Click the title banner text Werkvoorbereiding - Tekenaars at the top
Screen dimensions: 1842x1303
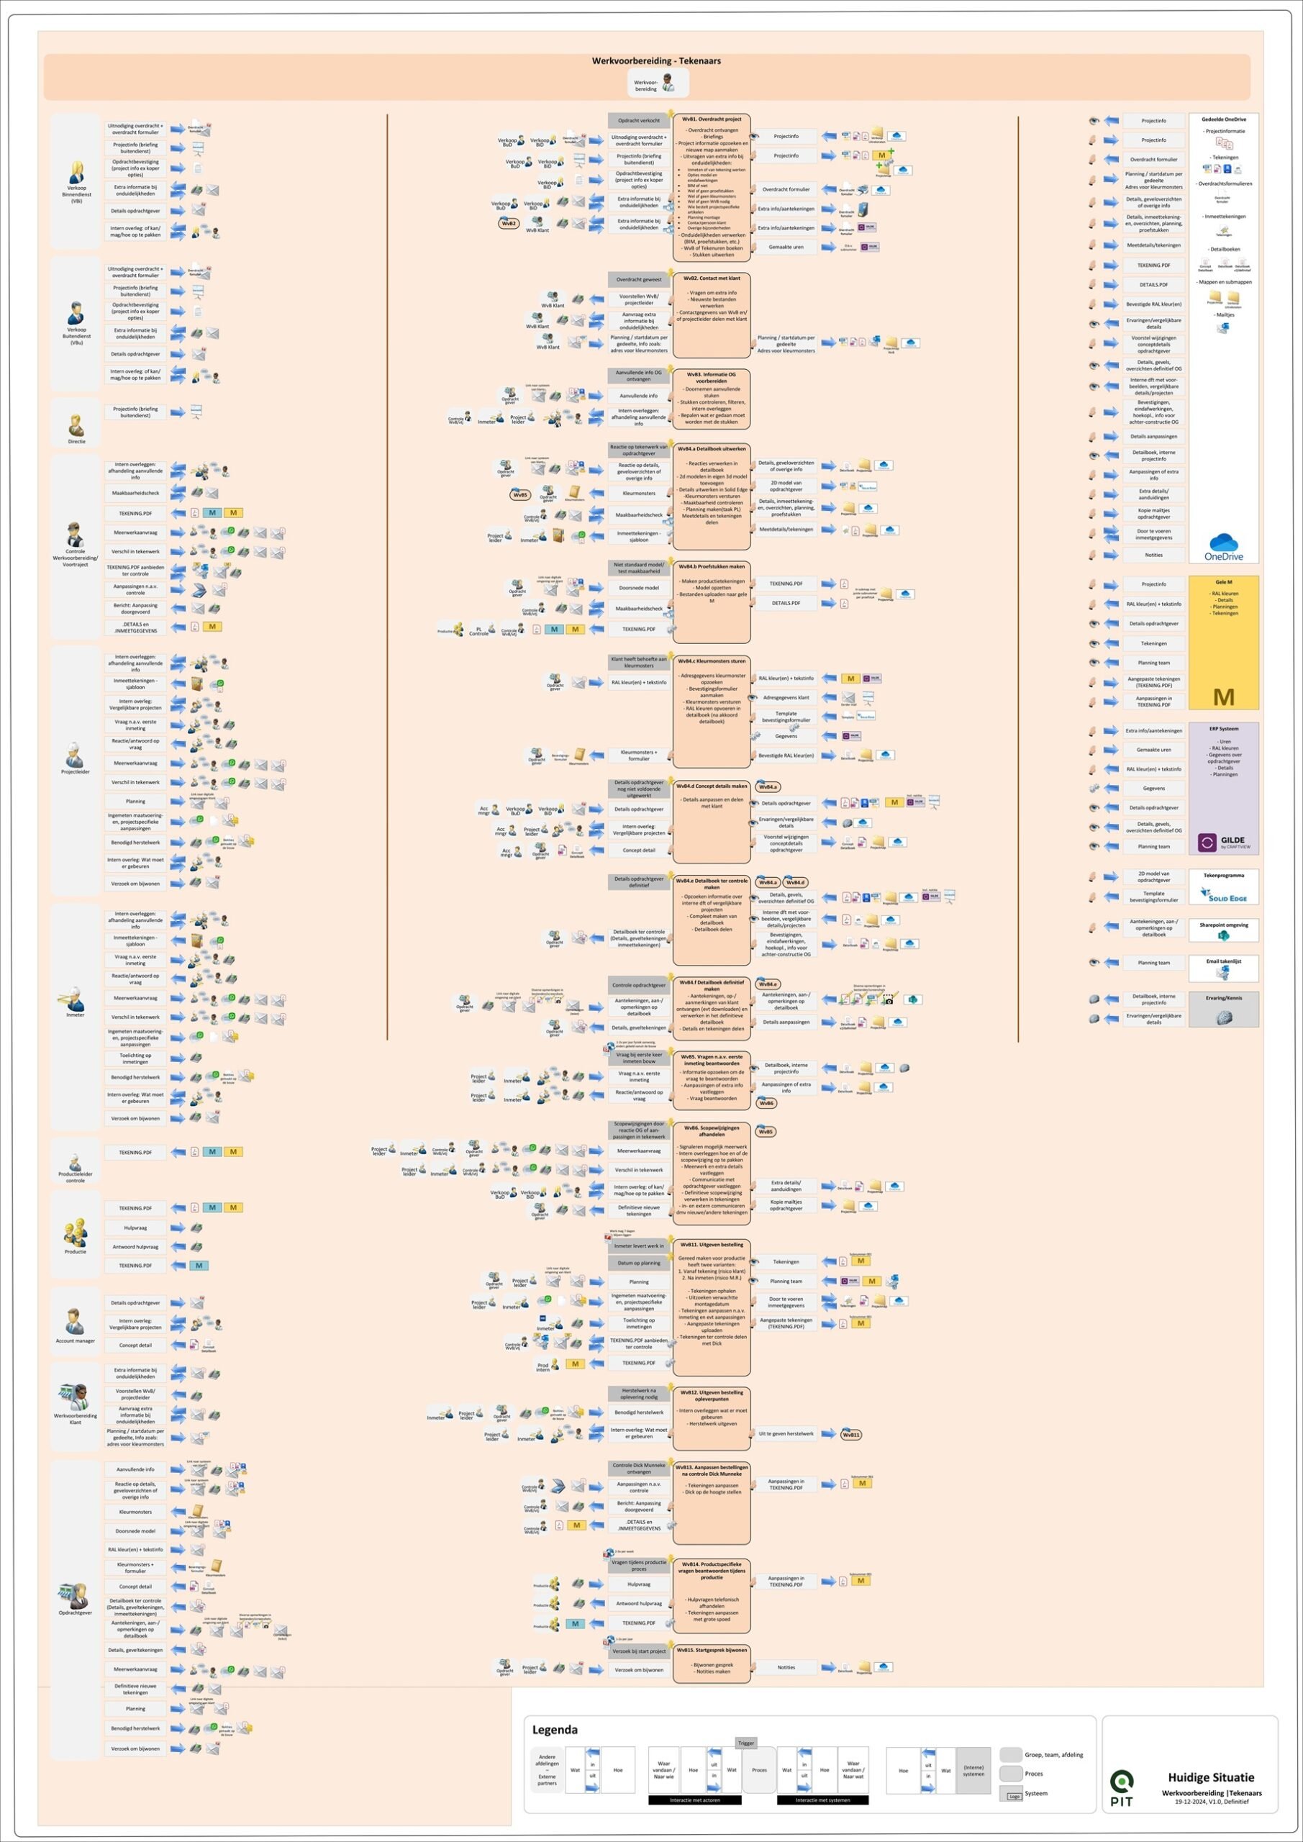point(656,61)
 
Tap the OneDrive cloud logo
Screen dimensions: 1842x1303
point(1224,545)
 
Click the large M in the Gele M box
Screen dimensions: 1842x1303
point(1224,697)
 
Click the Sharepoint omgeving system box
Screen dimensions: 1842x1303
point(1224,930)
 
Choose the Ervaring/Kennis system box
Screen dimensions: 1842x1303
point(1224,1010)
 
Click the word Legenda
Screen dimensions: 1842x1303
point(555,1730)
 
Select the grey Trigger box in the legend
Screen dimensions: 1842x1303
point(746,1743)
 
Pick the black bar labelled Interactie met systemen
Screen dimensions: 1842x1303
point(822,1800)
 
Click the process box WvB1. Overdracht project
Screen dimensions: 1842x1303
point(712,188)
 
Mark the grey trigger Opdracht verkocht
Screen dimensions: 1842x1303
point(639,120)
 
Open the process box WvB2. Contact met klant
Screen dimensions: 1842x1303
point(712,314)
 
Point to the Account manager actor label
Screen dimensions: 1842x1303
point(76,1340)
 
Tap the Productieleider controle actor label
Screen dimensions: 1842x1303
point(76,1177)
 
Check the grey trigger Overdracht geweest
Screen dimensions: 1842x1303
point(639,280)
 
